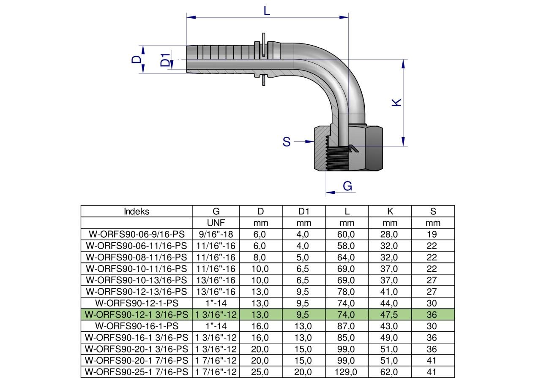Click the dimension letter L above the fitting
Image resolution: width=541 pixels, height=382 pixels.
tap(267, 11)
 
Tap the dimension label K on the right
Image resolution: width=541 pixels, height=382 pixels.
tap(396, 102)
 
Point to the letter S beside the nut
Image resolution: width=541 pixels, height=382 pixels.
tap(287, 142)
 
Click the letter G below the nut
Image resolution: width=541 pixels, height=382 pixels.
tap(347, 186)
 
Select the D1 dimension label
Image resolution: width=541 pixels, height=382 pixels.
tap(165, 60)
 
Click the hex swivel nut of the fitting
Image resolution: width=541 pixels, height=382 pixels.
tap(348, 149)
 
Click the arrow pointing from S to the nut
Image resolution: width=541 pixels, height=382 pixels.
tap(304, 141)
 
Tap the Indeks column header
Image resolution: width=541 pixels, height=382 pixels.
tap(137, 211)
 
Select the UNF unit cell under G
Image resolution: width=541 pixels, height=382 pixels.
tap(216, 223)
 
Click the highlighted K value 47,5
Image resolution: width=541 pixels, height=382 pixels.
tap(389, 314)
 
